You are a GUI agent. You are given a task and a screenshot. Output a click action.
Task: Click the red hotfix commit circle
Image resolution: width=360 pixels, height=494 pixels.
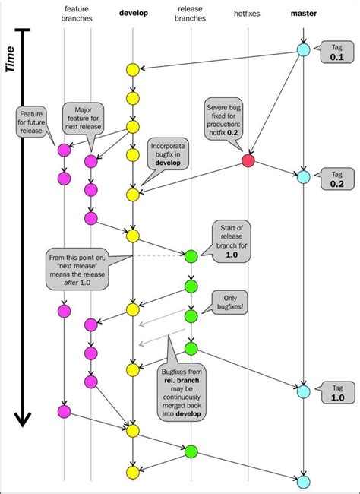click(x=248, y=161)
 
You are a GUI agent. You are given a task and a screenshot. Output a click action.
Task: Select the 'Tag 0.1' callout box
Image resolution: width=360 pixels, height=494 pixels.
click(x=336, y=50)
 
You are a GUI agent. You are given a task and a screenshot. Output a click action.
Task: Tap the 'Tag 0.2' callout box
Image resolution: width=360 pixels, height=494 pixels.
click(x=336, y=178)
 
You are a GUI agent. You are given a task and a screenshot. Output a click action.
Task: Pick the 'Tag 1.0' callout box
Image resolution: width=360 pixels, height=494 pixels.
click(x=336, y=391)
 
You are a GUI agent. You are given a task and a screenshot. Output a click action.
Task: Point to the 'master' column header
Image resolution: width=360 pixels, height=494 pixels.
click(x=303, y=13)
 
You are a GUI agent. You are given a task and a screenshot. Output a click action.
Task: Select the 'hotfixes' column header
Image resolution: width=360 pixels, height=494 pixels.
click(x=248, y=13)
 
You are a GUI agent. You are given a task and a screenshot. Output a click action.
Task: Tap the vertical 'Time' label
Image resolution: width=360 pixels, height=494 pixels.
click(x=11, y=57)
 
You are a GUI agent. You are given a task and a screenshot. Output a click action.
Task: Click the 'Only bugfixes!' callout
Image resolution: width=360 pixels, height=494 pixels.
click(x=232, y=302)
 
